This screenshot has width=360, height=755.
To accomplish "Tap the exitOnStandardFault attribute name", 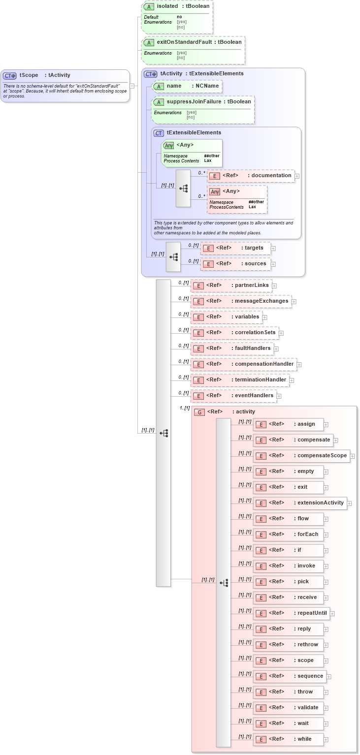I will (184, 42).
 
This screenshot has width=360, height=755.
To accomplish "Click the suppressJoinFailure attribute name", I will (194, 101).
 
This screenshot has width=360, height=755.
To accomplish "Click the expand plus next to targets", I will (273, 249).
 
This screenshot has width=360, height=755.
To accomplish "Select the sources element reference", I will (235, 264).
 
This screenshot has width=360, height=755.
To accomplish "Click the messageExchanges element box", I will (240, 301).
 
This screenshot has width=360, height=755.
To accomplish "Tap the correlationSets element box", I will (234, 333).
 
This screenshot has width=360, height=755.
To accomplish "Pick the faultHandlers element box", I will (231, 348).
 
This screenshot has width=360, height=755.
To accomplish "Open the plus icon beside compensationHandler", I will (299, 365).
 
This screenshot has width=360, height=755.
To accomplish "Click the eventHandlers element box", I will (233, 396).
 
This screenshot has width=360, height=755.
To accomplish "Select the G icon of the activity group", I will (199, 412).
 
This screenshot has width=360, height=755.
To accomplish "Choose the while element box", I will (288, 739).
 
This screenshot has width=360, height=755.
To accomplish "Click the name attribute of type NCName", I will (186, 86).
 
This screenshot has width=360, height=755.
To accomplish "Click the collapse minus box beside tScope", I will (131, 86).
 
